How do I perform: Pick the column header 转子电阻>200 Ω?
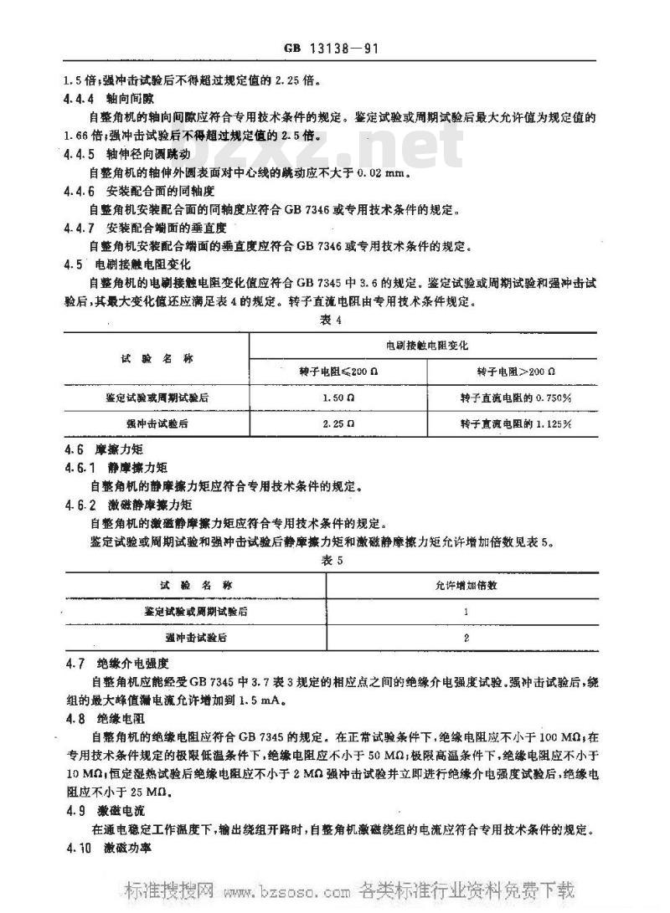tap(511, 369)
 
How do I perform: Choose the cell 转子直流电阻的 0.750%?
tap(511, 397)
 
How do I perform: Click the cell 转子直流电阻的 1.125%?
tap(511, 423)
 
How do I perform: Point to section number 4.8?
tap(75, 718)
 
